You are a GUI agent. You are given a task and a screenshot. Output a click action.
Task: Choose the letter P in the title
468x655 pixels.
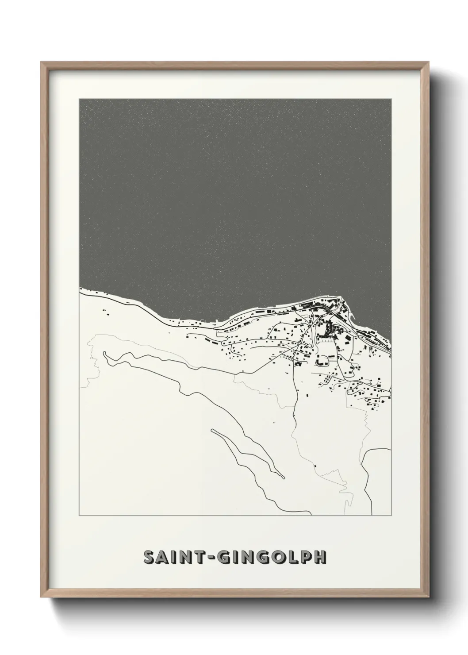coord(304,557)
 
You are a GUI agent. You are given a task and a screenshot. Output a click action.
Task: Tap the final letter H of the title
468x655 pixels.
coord(320,557)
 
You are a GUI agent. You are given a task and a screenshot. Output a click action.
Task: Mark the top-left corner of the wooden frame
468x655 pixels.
coord(42,62)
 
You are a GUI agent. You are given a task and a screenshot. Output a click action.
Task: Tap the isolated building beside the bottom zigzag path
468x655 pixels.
coord(315,466)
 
